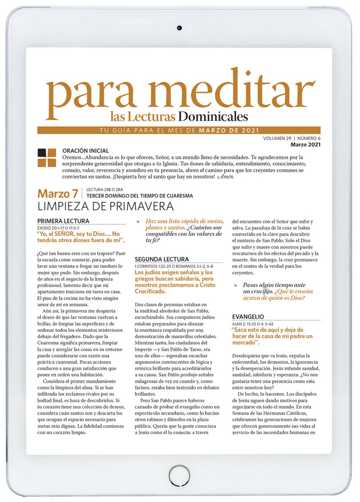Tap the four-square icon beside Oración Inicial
point(47,158)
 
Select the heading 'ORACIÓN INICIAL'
point(85,150)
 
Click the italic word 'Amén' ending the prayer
point(225,177)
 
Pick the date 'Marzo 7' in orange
point(58,194)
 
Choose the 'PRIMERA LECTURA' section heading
point(63,221)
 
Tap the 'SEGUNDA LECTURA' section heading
point(162,260)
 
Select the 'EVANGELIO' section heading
point(248,317)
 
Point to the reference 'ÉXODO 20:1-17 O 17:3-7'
point(62,228)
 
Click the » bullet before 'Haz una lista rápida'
point(138,221)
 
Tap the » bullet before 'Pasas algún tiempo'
point(235,285)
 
